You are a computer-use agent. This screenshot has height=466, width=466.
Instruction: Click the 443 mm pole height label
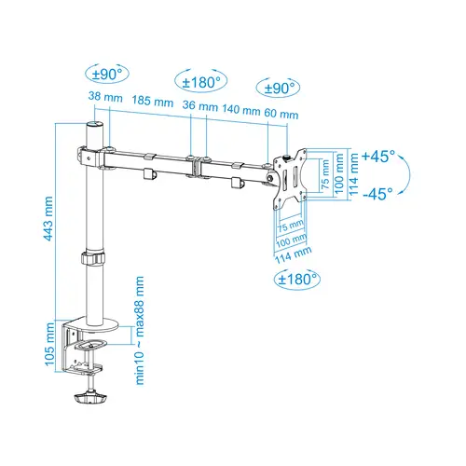48,220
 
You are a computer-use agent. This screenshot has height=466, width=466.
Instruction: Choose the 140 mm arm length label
239,110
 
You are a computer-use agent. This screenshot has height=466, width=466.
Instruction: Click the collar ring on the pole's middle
94,257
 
